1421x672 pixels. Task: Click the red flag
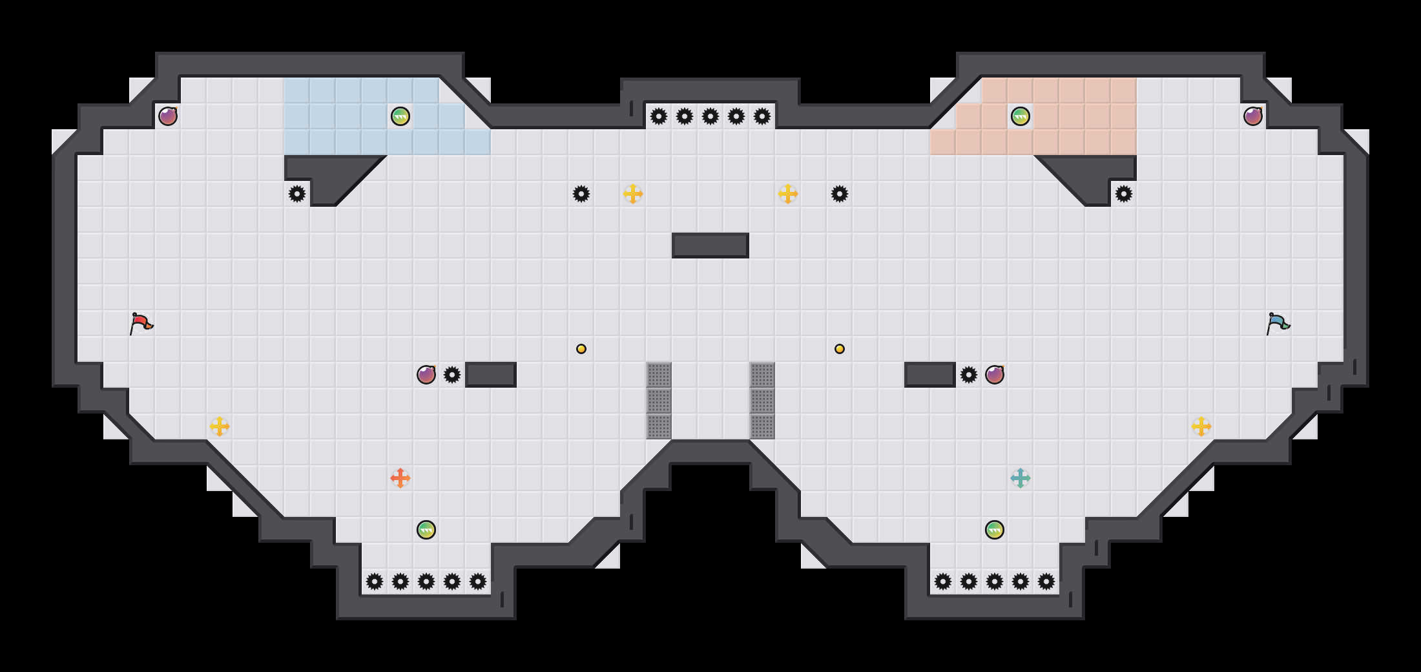pyautogui.click(x=141, y=322)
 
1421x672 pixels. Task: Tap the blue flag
pyautogui.click(x=1278, y=322)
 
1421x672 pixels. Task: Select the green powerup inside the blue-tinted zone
pyautogui.click(x=400, y=116)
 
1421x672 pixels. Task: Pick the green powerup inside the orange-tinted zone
pyautogui.click(x=1021, y=116)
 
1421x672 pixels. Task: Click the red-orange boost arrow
pyautogui.click(x=400, y=478)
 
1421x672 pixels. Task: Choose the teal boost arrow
pyautogui.click(x=1021, y=478)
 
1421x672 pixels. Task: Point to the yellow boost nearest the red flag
pyautogui.click(x=220, y=426)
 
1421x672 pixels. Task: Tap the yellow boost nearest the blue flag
pyautogui.click(x=1201, y=426)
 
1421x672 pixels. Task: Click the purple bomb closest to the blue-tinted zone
pyautogui.click(x=168, y=116)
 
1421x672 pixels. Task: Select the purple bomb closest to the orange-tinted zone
pyautogui.click(x=1253, y=116)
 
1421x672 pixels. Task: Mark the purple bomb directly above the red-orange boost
pyautogui.click(x=426, y=375)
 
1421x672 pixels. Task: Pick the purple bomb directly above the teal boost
pyautogui.click(x=995, y=375)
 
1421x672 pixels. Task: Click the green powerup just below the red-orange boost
pyautogui.click(x=426, y=530)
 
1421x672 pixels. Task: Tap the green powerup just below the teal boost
pyautogui.click(x=995, y=530)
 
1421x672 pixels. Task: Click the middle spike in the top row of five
pyautogui.click(x=710, y=116)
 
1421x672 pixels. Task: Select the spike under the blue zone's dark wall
pyautogui.click(x=297, y=194)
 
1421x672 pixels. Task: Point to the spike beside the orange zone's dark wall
pyautogui.click(x=1124, y=194)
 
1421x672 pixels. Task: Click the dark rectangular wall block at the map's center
pyautogui.click(x=710, y=246)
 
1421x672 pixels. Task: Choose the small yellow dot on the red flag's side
pyautogui.click(x=581, y=349)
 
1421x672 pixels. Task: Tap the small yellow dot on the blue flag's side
pyautogui.click(x=840, y=349)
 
